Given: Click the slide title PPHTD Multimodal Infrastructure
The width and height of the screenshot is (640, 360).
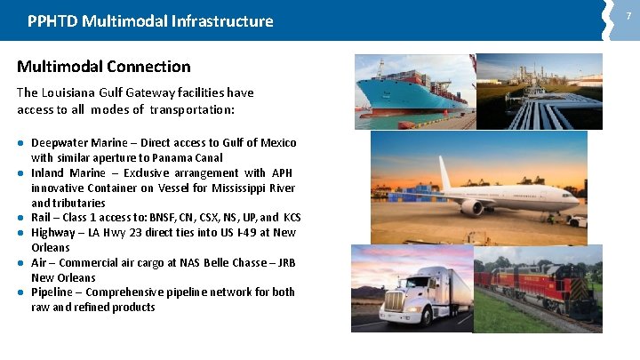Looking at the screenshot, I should pyautogui.click(x=150, y=20).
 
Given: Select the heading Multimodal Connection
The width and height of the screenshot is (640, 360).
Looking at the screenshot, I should pyautogui.click(x=104, y=67).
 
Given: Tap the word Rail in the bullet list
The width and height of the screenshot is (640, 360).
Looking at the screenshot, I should pyautogui.click(x=42, y=218).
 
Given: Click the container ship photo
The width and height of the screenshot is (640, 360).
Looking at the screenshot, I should pyautogui.click(x=413, y=89).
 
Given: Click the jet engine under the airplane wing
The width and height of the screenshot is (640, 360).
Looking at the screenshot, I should pyautogui.click(x=472, y=207).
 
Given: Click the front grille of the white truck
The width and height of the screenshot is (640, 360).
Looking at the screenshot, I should pyautogui.click(x=398, y=307).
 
